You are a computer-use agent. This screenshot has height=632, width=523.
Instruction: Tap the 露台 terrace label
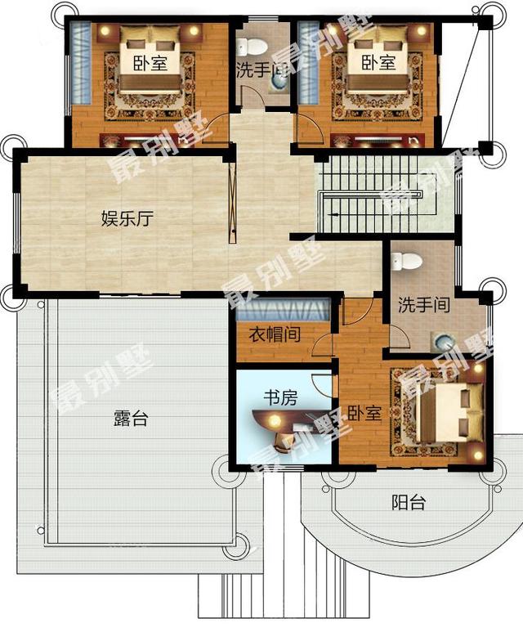point(131,419)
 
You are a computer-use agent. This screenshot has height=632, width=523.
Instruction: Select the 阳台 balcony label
point(408,502)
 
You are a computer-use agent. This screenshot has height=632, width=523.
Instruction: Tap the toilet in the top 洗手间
point(253,46)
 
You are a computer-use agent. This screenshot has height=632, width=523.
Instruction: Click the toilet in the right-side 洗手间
point(406,261)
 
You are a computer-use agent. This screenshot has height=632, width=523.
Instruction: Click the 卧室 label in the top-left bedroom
point(150,63)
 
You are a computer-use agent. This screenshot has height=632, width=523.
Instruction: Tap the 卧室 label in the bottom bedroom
point(364,413)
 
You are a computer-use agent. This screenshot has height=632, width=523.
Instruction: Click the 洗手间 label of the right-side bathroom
point(424,305)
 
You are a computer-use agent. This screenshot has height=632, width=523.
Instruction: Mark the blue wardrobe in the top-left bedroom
point(79,61)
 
